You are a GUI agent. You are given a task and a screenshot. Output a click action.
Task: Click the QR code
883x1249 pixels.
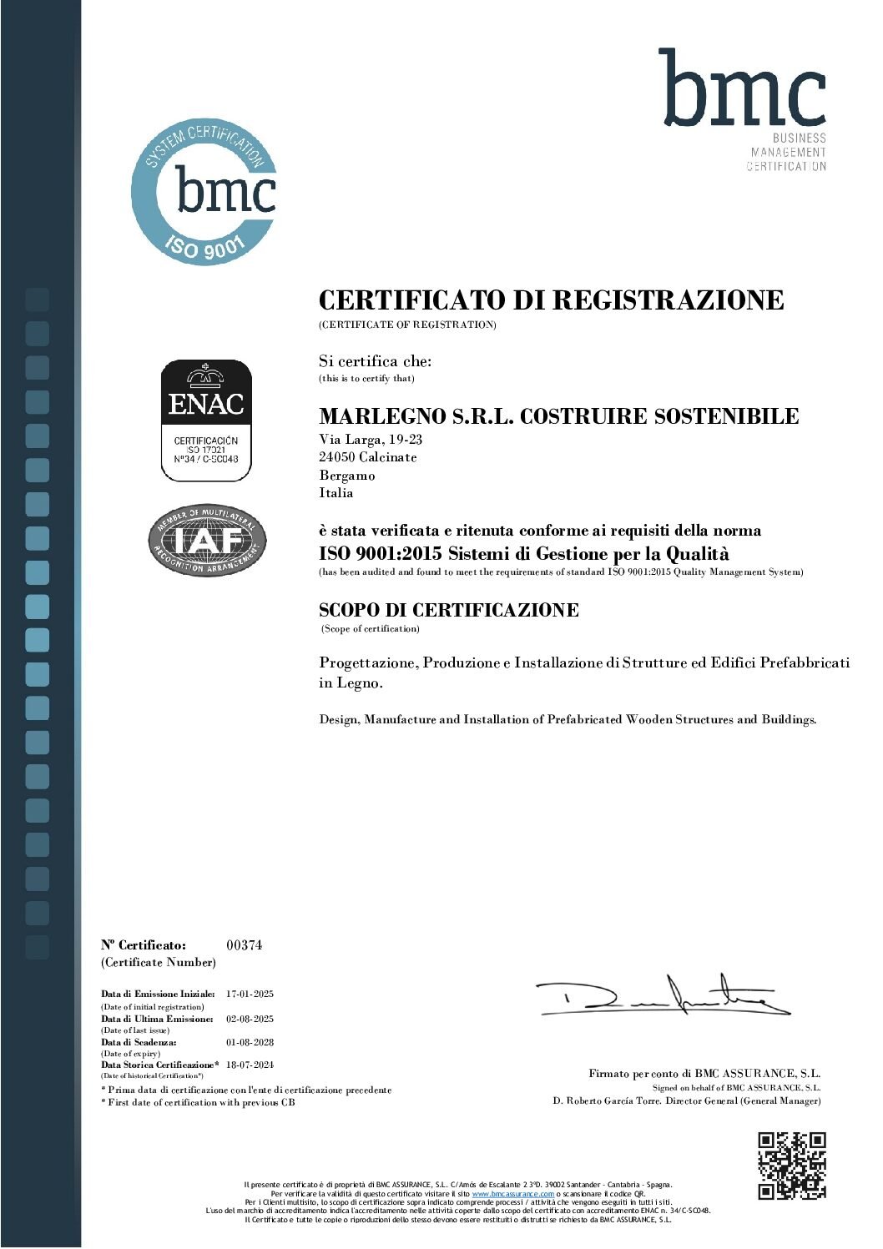(x=791, y=1165)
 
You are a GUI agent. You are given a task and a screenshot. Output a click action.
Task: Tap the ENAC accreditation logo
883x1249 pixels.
(x=206, y=421)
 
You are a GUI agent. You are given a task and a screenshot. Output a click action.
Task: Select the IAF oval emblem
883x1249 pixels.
(x=207, y=541)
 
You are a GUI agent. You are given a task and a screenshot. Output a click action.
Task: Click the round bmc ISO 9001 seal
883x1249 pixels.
(x=204, y=191)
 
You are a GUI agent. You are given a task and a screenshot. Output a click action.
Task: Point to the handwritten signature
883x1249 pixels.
(x=664, y=995)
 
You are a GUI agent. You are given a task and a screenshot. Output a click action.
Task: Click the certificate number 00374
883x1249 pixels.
(x=244, y=945)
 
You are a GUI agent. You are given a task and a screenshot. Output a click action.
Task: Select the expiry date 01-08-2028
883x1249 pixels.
(x=250, y=1042)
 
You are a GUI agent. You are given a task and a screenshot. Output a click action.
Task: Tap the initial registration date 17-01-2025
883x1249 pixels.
(x=250, y=994)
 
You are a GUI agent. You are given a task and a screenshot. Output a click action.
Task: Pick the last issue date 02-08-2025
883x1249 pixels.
(x=250, y=1019)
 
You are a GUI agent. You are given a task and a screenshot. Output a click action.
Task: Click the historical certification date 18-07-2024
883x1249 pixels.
(x=250, y=1065)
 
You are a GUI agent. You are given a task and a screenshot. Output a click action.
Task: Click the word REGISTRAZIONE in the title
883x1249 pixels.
(x=669, y=300)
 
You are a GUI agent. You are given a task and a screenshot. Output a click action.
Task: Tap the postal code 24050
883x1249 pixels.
(x=336, y=457)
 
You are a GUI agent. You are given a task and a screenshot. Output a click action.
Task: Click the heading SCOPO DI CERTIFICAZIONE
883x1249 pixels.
(x=449, y=610)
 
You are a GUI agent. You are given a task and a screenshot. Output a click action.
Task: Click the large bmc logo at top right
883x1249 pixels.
(x=742, y=89)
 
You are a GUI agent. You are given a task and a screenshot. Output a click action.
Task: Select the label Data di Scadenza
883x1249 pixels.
(x=139, y=1042)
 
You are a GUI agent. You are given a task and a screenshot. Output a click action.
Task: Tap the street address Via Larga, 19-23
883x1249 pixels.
(x=371, y=440)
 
